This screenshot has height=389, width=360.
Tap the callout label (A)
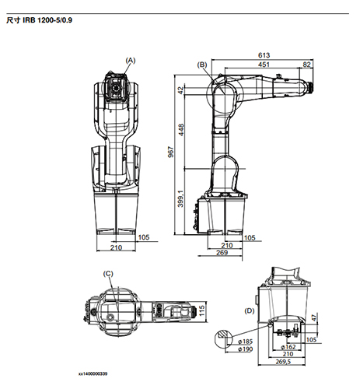(130, 59)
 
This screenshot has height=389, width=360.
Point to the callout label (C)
(109, 273)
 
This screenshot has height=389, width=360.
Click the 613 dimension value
(264, 55)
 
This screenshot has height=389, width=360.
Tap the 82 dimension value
(307, 65)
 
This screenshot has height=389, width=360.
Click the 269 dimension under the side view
(220, 252)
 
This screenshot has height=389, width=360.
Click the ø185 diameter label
(225, 342)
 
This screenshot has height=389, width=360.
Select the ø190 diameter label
(225, 350)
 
